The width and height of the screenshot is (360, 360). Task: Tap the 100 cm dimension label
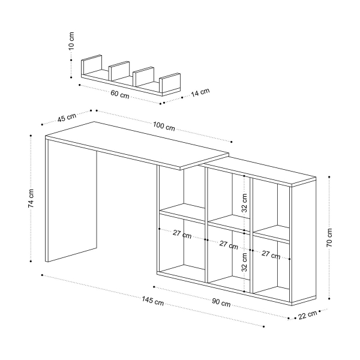[164, 127]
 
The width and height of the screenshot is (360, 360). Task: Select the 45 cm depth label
[66, 117]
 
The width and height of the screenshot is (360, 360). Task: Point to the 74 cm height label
[31, 199]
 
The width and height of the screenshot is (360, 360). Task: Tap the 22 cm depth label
[308, 314]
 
